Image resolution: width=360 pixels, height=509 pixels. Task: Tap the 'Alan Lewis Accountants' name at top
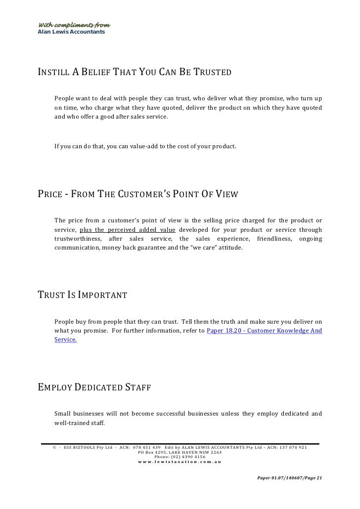[71, 32]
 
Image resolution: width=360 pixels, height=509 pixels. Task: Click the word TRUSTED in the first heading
[210, 73]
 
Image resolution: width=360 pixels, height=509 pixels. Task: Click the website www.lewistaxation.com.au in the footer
[180, 462]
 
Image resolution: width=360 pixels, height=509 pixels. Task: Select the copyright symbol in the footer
[54, 448]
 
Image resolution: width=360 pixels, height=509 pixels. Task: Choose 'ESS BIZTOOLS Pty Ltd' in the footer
[88, 448]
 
